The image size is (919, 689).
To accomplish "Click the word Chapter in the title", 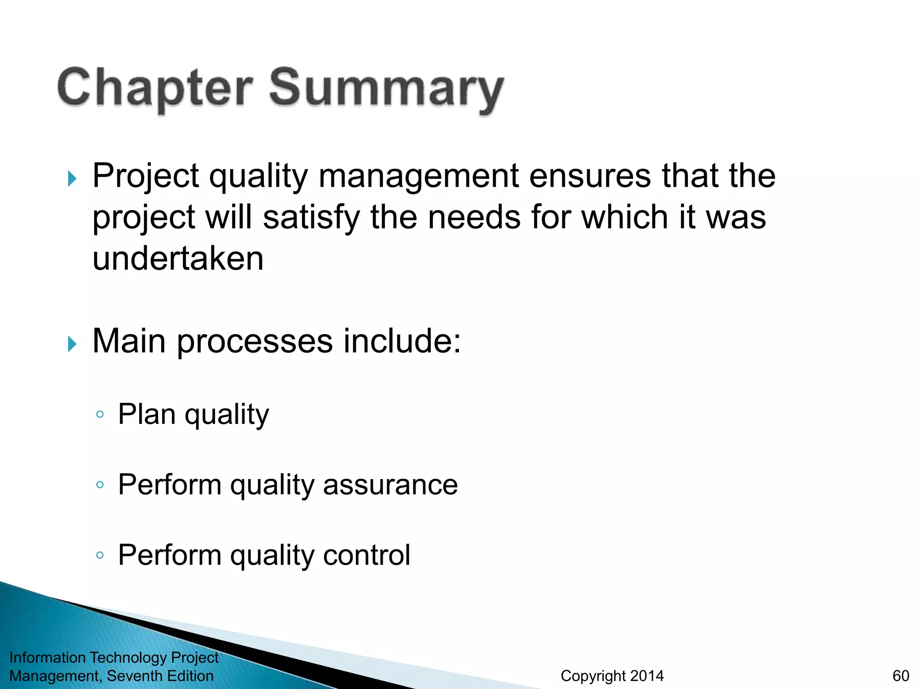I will coord(155,87).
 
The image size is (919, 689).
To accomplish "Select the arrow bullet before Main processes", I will coord(72,344).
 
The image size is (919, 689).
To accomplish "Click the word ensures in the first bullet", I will coord(590,176).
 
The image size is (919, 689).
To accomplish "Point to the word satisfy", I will coord(311,218).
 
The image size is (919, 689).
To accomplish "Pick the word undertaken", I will coord(178,259).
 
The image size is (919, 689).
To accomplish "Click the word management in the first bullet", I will coord(419,176).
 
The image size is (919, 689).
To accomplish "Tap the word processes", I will coord(254,341).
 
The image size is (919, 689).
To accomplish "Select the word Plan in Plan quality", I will coord(147,414).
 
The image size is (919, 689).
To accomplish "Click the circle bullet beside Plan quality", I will coord(100,414).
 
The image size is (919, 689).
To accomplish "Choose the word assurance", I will coord(390,485).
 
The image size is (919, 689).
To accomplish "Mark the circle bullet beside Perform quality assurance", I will coord(100,485).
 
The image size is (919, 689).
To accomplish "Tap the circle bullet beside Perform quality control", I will coord(100,555).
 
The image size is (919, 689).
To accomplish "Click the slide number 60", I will coord(901,676).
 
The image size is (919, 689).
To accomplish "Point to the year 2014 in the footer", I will coord(646,676).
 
